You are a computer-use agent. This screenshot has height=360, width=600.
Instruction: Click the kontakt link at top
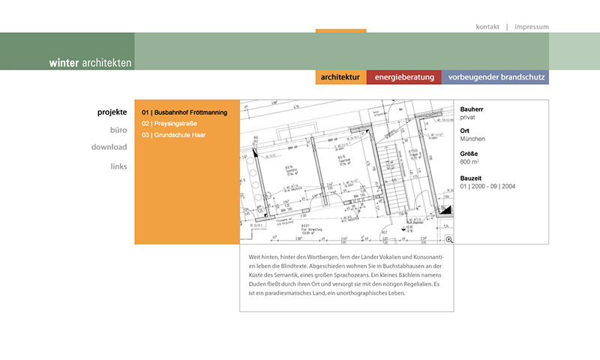pyautogui.click(x=487, y=27)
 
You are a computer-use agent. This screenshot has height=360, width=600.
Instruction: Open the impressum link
pyautogui.click(x=532, y=27)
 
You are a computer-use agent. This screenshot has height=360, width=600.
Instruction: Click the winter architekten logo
pyautogui.click(x=90, y=63)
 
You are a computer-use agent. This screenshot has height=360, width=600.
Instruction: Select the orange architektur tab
pyautogui.click(x=340, y=77)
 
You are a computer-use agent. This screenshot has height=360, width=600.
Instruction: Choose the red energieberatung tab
pyautogui.click(x=404, y=77)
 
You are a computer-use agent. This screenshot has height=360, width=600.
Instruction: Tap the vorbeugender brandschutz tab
pyautogui.click(x=495, y=77)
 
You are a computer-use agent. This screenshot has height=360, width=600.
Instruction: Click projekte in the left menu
pyautogui.click(x=112, y=112)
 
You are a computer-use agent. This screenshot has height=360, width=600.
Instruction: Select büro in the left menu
pyautogui.click(x=118, y=130)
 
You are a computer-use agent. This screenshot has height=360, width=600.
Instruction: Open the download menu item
pyautogui.click(x=109, y=147)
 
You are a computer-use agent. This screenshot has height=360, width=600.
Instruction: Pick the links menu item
pyautogui.click(x=118, y=166)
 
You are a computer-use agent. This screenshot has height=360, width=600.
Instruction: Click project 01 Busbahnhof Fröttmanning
pyautogui.click(x=184, y=112)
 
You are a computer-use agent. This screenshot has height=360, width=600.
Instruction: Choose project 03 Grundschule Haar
pyautogui.click(x=173, y=135)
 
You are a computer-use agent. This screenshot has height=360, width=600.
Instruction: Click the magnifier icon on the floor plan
pyautogui.click(x=449, y=239)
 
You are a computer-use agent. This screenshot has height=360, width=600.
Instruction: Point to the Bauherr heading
pyautogui.click(x=473, y=109)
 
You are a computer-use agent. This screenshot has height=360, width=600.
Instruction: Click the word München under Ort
pyautogui.click(x=473, y=139)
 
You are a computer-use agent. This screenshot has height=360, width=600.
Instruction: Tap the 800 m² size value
pyautogui.click(x=469, y=162)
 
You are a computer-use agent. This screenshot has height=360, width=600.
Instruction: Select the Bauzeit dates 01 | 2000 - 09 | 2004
pyautogui.click(x=487, y=186)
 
